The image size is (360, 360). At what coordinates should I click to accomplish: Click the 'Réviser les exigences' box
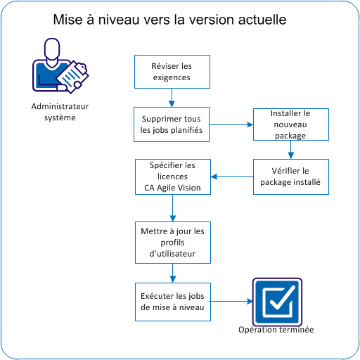click(x=172, y=72)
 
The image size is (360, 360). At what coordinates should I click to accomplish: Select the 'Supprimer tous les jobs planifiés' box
click(x=172, y=124)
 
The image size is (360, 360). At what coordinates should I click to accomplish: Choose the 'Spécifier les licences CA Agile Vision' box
click(x=172, y=176)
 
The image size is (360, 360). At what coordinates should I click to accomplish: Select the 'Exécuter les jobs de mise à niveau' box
click(x=172, y=301)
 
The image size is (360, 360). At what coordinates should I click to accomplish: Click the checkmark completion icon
click(x=276, y=301)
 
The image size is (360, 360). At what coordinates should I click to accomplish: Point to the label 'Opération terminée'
click(x=276, y=330)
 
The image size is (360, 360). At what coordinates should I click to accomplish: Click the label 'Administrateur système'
click(x=56, y=112)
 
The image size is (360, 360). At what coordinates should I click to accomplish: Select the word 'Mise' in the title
click(x=67, y=20)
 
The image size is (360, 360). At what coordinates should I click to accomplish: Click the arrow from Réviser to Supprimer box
click(x=172, y=98)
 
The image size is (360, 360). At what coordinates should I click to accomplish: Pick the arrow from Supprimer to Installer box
click(x=232, y=124)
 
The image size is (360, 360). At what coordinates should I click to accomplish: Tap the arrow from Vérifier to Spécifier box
click(x=232, y=176)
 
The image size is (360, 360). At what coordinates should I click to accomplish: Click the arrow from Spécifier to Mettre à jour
click(x=172, y=208)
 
